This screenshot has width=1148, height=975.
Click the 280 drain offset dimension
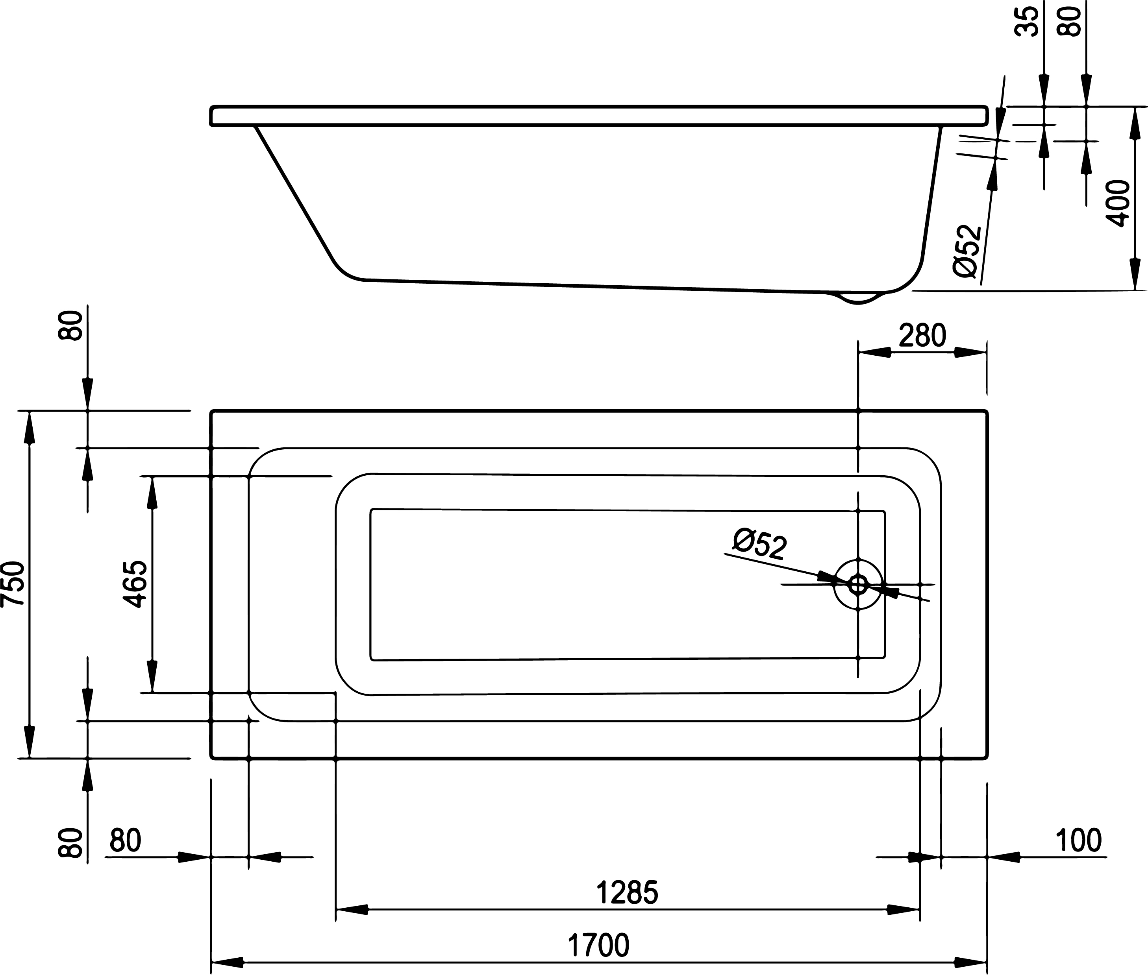922,336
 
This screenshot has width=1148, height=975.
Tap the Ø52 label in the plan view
759,545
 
